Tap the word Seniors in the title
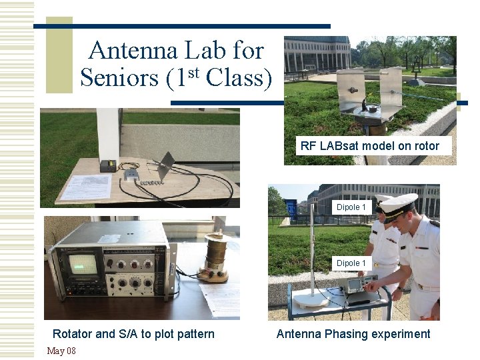click(x=119, y=79)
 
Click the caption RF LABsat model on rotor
click(x=370, y=146)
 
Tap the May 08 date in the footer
click(x=61, y=351)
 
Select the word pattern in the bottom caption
click(x=193, y=334)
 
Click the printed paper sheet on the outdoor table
click(x=85, y=187)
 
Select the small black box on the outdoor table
click(x=108, y=165)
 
